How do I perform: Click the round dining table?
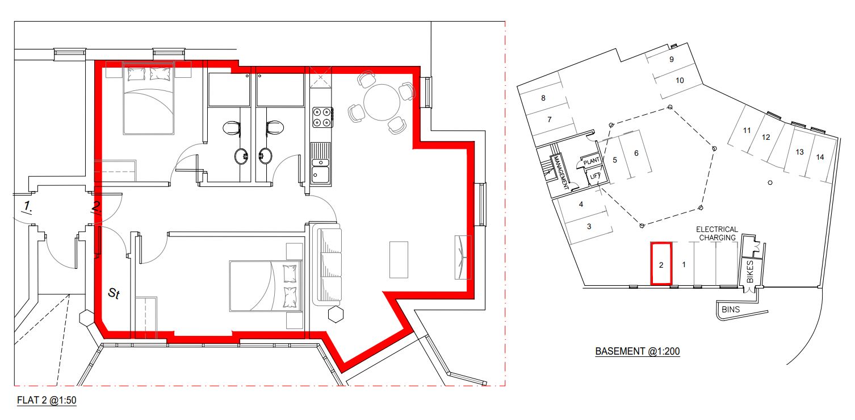tap(382, 102)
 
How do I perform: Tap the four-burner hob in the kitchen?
tap(322, 117)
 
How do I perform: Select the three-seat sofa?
tap(327, 264)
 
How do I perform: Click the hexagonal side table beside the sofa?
tap(336, 314)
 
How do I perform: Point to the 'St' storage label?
tap(114, 293)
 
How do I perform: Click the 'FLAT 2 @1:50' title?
tap(47, 400)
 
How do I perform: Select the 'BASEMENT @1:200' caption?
tap(638, 351)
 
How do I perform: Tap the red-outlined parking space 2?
tap(661, 264)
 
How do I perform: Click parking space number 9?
tap(672, 59)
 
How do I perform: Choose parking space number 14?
tap(820, 157)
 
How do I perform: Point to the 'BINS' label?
tap(731, 310)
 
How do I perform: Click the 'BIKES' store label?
tap(750, 272)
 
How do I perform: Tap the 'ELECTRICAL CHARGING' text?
tap(717, 234)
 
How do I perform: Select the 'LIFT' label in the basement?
tap(595, 176)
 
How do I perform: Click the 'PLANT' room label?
tap(591, 161)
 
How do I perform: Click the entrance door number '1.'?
tap(27, 206)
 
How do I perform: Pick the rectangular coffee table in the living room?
tap(399, 260)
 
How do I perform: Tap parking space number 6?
tap(636, 153)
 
